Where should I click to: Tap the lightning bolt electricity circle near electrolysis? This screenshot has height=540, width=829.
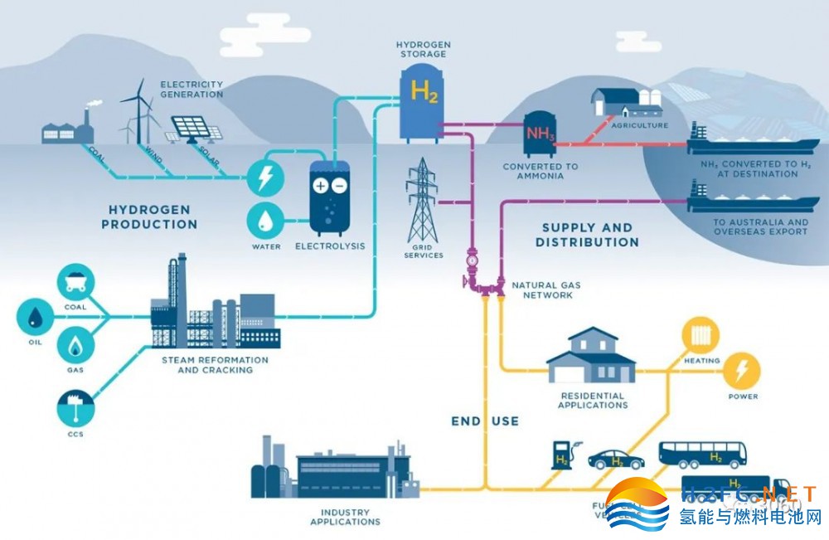(x=266, y=178)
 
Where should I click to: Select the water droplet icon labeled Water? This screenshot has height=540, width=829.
(x=266, y=220)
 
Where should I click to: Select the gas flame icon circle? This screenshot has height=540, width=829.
(x=75, y=345)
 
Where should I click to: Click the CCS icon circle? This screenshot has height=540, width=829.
(x=75, y=406)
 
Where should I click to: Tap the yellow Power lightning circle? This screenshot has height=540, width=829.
(x=743, y=370)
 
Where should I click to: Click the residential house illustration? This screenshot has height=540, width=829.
(x=591, y=357)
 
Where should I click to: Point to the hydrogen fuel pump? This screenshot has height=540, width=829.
(x=562, y=455)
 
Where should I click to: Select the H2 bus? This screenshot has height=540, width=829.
(x=701, y=453)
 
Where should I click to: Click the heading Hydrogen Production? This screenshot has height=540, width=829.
(x=150, y=216)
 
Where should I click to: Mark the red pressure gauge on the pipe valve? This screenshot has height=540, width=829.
(x=473, y=259)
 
